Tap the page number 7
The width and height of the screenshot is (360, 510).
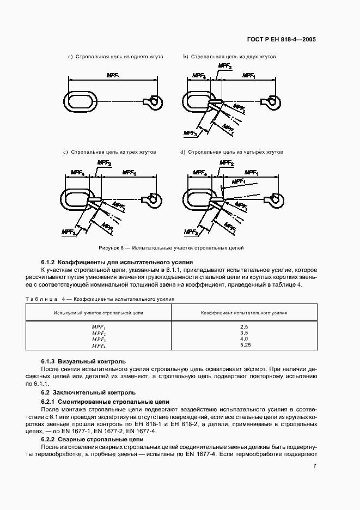[315, 465]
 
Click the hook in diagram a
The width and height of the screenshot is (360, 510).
[152, 101]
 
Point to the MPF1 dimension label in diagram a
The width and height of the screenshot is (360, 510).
[113, 76]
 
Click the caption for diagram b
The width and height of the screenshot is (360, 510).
[229, 57]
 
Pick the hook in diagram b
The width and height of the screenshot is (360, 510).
[271, 101]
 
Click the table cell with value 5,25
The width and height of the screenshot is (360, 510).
[244, 345]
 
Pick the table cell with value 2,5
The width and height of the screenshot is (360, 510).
[244, 326]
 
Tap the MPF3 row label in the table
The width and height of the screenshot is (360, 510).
[98, 339]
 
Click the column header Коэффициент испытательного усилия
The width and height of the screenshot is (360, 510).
[244, 313]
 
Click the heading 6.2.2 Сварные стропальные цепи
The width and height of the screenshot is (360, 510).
[93, 439]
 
